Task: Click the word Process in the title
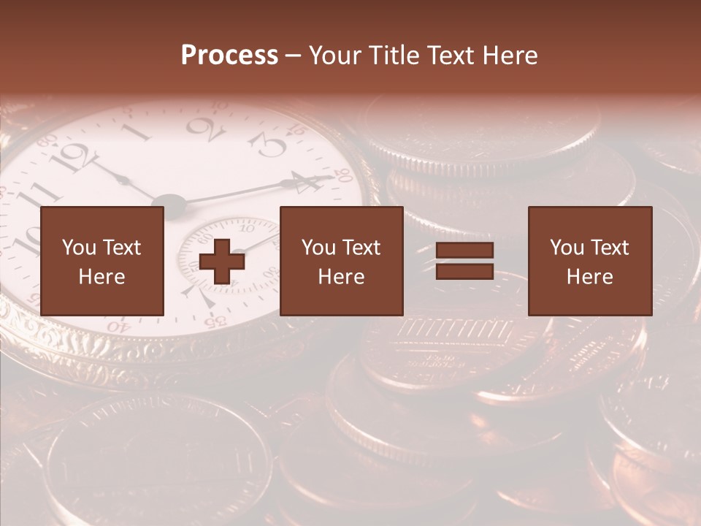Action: (229, 56)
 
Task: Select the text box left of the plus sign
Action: (102, 261)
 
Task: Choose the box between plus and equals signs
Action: (341, 261)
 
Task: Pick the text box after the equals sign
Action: (590, 261)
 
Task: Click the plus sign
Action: (222, 262)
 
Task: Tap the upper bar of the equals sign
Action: (464, 251)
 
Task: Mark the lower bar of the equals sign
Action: (464, 271)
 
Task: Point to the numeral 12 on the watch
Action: (79, 156)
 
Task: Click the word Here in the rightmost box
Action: (589, 277)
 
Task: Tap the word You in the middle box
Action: (318, 248)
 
